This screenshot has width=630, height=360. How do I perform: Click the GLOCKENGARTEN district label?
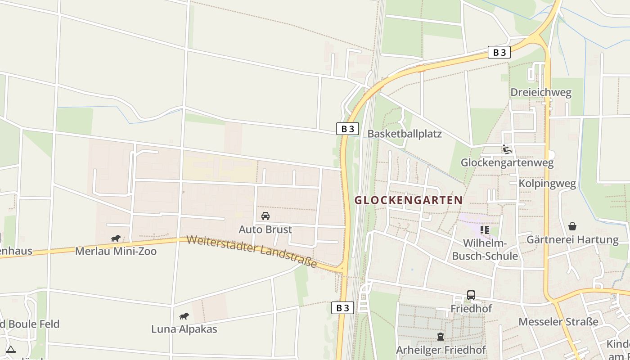coord(409,200)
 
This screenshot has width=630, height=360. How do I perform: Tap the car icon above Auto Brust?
coord(265,216)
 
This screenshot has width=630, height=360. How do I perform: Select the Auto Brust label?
coord(265,229)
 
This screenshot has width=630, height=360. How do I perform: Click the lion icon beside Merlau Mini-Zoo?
coord(116,238)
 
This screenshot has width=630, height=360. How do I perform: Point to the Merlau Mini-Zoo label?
coord(116,251)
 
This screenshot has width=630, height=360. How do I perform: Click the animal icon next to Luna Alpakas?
coord(184,316)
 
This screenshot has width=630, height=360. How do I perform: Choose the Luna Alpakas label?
coord(184,329)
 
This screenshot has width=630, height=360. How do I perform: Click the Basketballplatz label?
coord(405,134)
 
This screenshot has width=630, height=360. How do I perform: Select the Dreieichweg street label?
coord(540,93)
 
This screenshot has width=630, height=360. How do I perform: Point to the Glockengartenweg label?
coord(507,162)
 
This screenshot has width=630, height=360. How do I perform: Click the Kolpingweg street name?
coord(547,184)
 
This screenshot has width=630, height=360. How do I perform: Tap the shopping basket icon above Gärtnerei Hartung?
coord(572,226)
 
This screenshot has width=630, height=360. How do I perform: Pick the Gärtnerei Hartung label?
coord(572,239)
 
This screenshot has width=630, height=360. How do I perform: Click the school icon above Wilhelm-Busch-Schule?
coord(485,230)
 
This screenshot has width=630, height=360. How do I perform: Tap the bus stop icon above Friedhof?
coord(471,295)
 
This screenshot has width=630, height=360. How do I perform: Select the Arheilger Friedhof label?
coord(441,350)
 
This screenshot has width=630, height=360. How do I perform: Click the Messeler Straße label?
coord(558,322)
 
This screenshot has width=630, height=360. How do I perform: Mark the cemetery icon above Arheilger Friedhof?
coord(441,337)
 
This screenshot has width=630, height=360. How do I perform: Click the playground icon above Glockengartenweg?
coord(507,149)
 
